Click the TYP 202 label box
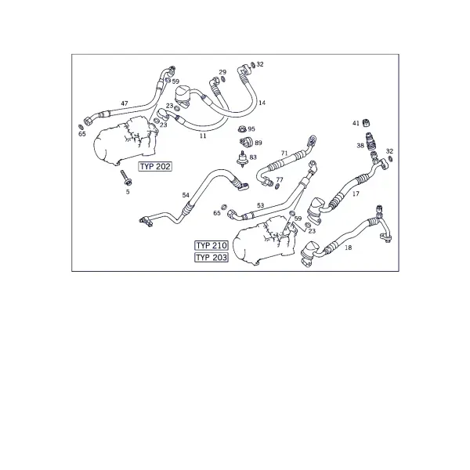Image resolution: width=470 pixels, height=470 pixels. (155, 166)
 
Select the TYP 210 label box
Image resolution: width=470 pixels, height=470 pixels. (211, 245)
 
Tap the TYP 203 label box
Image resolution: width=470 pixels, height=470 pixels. (211, 258)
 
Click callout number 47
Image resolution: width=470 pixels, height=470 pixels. (125, 103)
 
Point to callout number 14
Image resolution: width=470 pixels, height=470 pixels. (262, 103)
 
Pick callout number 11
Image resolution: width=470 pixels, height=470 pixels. (203, 136)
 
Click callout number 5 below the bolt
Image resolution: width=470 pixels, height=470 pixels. (128, 192)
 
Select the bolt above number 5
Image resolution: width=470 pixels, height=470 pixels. (126, 178)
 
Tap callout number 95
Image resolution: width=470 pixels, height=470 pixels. (251, 129)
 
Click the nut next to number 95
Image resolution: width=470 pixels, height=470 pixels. (241, 129)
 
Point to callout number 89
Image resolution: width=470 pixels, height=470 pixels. (258, 143)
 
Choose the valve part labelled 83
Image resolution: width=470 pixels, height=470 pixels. (242, 159)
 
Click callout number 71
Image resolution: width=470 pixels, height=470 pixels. (284, 154)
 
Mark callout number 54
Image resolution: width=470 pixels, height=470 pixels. (186, 195)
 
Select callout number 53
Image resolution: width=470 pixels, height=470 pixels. (261, 205)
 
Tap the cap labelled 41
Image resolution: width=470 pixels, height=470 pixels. (366, 123)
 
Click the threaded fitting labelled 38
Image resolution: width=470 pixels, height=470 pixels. (371, 142)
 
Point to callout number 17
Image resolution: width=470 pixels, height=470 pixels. (356, 193)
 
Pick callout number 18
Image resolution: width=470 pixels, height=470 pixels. (349, 248)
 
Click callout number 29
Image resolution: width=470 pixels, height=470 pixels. (222, 72)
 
